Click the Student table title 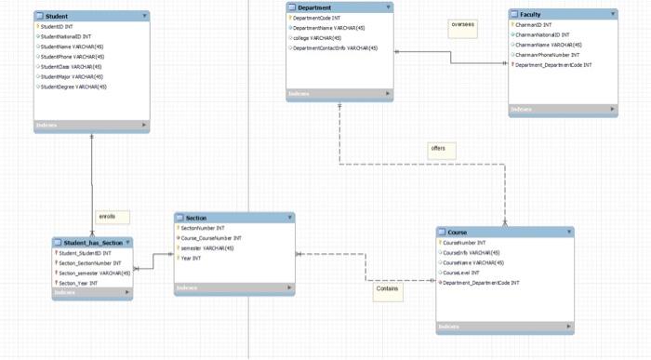(x=56, y=16)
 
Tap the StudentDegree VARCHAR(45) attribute (x=74, y=87)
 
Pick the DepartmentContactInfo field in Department (x=335, y=47)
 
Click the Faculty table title (x=530, y=15)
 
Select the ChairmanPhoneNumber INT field (x=554, y=54)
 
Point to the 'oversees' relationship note (x=462, y=25)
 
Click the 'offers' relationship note (x=439, y=148)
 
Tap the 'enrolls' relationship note (x=108, y=217)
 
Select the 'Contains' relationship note (x=387, y=288)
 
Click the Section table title (x=196, y=218)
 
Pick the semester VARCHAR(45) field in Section (x=207, y=248)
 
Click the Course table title (x=458, y=232)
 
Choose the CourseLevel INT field (x=461, y=273)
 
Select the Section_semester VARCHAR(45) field (x=92, y=273)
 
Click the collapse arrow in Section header (x=288, y=218)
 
